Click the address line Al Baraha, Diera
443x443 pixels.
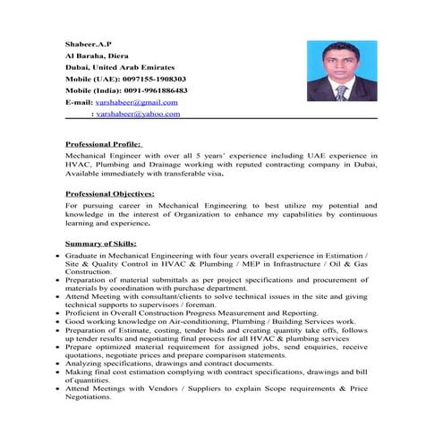click(98, 55)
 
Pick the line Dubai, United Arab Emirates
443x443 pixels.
click(120, 67)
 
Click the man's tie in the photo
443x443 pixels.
click(341, 92)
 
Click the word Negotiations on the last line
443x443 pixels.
click(89, 397)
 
